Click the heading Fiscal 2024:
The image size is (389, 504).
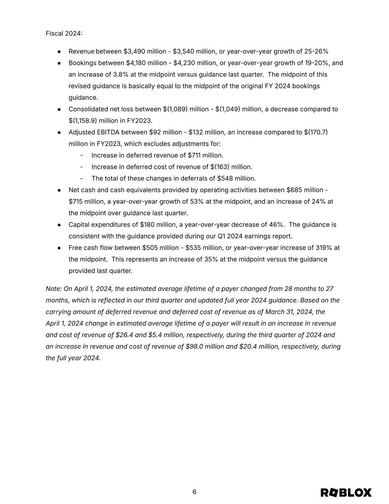(64, 34)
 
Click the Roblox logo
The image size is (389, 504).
(346, 493)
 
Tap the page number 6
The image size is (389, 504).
(194, 492)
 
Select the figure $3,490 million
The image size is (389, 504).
(145, 51)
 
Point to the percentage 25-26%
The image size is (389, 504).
(316, 51)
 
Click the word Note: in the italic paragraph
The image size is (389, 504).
(54, 289)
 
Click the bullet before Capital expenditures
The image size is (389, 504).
(59, 225)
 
